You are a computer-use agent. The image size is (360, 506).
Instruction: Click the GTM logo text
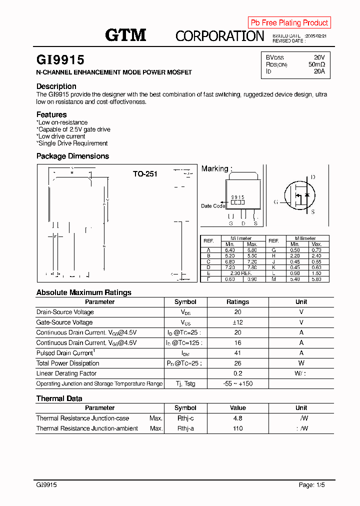(125, 35)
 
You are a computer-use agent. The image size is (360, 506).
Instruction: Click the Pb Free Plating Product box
(289, 22)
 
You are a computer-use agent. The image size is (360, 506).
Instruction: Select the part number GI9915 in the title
(60, 60)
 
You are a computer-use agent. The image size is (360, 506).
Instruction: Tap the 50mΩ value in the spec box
(316, 64)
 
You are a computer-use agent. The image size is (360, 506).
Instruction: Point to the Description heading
(56, 86)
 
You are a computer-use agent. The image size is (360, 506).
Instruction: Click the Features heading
(51, 114)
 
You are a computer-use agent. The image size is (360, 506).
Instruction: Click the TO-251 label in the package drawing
(145, 174)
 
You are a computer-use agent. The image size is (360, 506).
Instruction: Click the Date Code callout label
(212, 206)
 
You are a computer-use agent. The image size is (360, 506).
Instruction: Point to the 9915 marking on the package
(237, 197)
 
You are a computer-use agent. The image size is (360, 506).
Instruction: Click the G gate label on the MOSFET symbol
(275, 202)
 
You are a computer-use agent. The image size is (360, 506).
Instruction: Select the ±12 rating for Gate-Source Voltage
(237, 322)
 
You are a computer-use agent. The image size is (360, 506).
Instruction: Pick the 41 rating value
(237, 353)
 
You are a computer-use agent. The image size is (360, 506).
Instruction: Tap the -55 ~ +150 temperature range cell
(237, 383)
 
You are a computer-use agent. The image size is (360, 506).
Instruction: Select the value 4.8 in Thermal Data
(237, 418)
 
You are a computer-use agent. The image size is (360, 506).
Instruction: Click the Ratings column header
(237, 302)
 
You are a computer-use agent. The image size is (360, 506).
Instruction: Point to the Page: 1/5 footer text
(313, 485)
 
